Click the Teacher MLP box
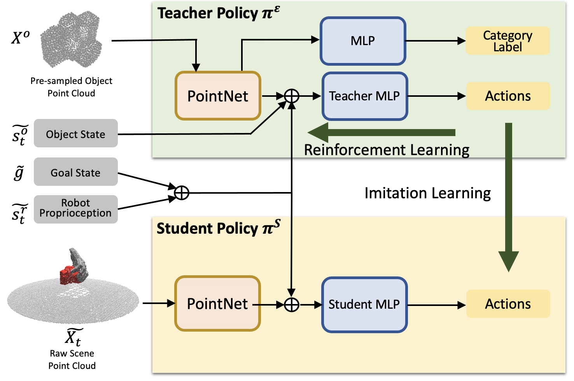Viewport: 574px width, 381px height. [365, 96]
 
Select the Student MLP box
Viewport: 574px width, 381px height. [364, 305]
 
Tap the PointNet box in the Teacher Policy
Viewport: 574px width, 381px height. [218, 96]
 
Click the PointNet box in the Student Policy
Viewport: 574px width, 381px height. [217, 303]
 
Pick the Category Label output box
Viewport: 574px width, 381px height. [507, 41]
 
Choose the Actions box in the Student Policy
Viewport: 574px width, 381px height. [508, 304]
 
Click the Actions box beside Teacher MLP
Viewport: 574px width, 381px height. [508, 96]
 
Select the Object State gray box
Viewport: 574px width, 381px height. [75, 133]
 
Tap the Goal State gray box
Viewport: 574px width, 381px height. [75, 172]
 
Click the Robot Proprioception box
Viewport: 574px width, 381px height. [75, 209]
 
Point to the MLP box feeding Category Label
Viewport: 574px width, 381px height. [363, 41]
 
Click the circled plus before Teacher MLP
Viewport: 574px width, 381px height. [292, 96]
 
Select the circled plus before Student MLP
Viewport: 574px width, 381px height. [292, 305]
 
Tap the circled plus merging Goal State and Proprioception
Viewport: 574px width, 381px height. [182, 193]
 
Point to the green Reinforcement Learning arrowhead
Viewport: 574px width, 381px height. [318, 133]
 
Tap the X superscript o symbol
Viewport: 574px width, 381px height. [21, 38]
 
